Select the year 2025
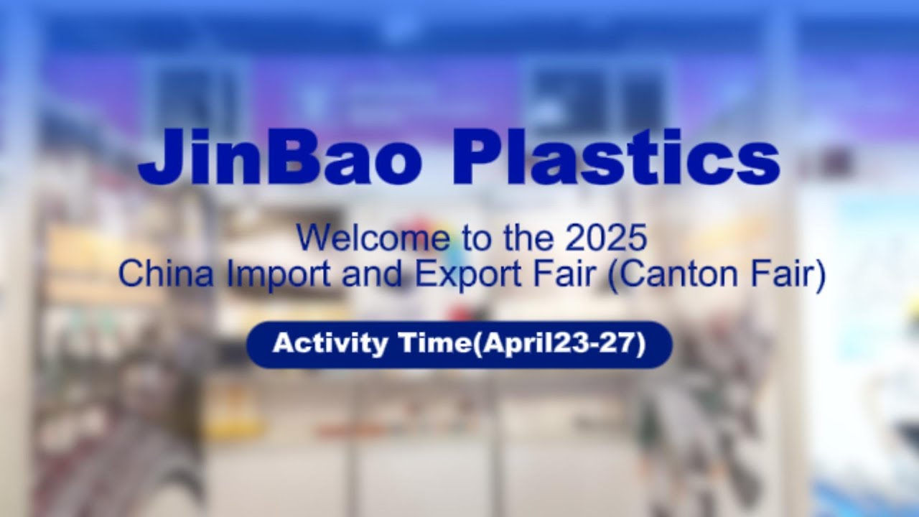606,239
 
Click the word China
166,274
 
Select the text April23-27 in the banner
562,344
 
